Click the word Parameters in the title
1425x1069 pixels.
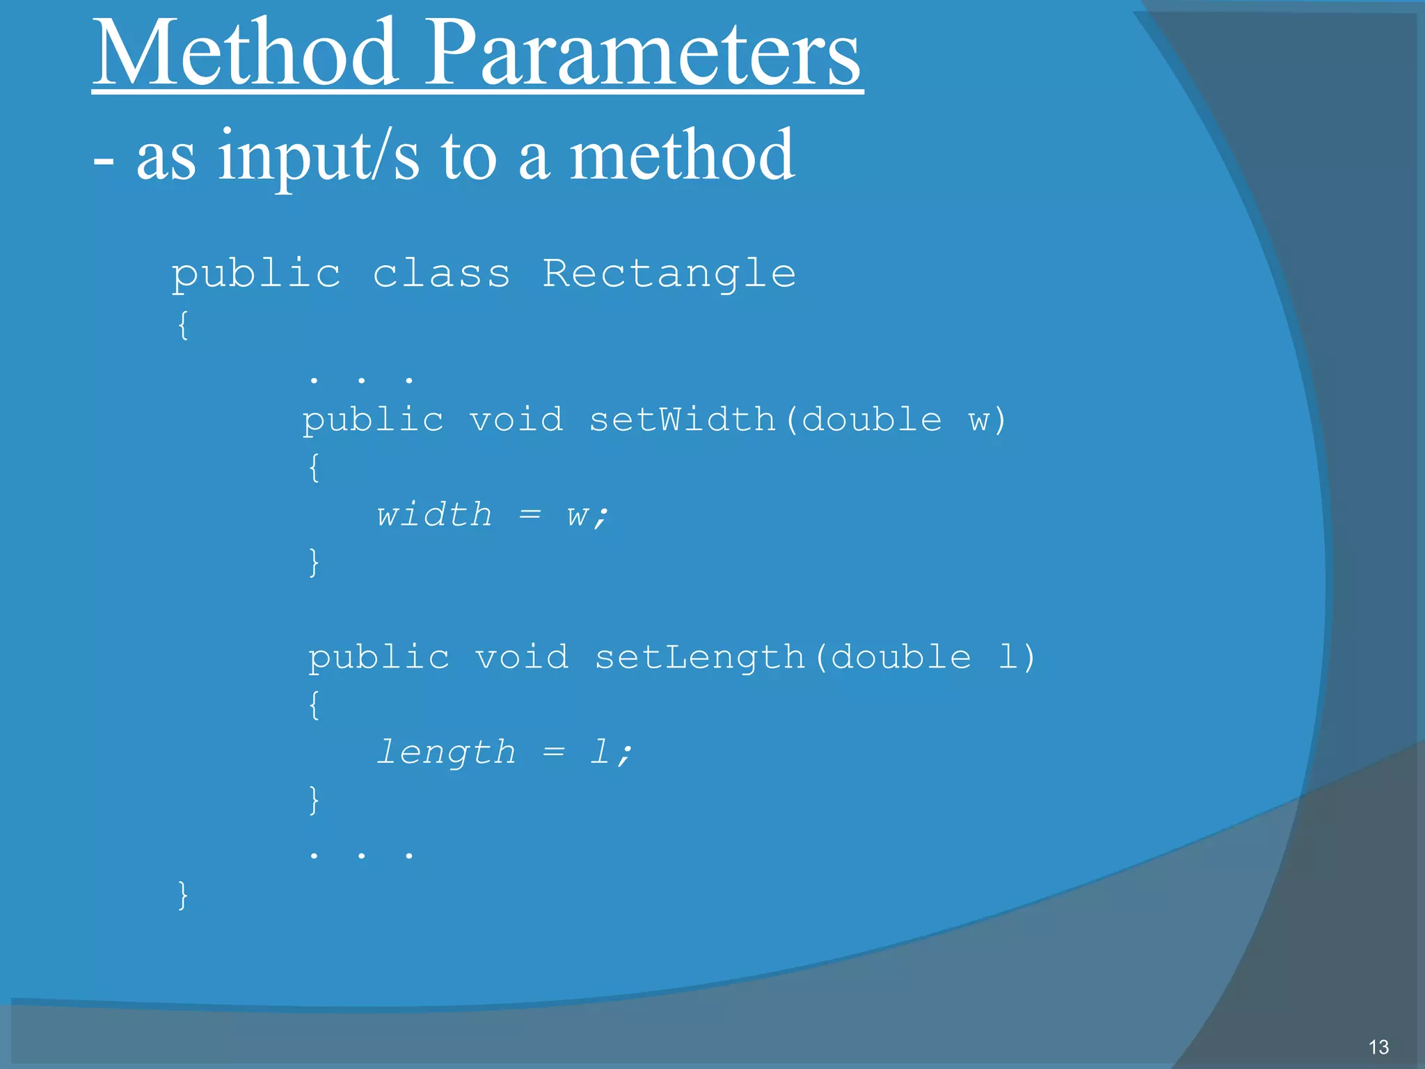[x=643, y=54]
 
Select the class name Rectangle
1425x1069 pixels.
[x=669, y=274]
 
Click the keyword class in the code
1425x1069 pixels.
[x=441, y=274]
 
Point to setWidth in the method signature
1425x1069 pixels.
[x=682, y=420]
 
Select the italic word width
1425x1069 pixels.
[x=434, y=515]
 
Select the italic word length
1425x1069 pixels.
[x=446, y=752]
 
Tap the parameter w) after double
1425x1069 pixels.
[x=987, y=420]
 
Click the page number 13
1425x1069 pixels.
[x=1378, y=1047]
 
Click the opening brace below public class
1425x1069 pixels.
[x=182, y=325]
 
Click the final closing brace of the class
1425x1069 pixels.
[x=182, y=895]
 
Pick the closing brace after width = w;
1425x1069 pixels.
[x=314, y=562]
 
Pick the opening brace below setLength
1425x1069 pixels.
[x=314, y=705]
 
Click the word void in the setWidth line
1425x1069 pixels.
[x=516, y=420]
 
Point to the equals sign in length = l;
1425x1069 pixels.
[x=554, y=752]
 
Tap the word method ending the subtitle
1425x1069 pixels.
[x=682, y=157]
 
